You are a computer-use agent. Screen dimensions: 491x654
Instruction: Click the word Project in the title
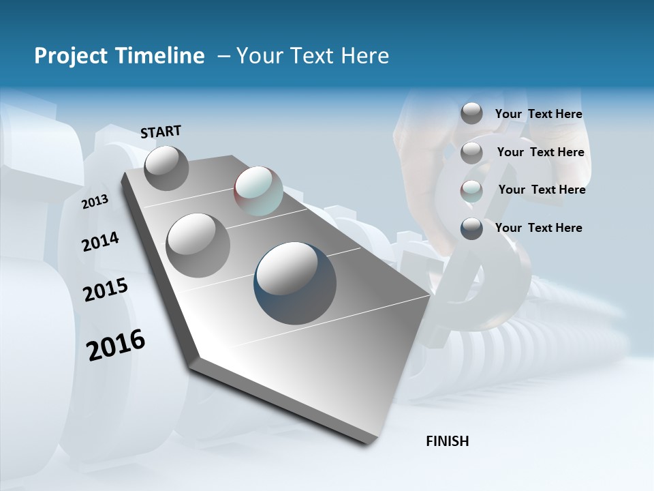coord(69,56)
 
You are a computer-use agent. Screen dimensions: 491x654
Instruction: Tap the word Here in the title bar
coord(366,56)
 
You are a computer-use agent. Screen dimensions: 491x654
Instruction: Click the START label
coord(161,132)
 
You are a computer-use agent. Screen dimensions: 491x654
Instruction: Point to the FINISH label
coord(448,441)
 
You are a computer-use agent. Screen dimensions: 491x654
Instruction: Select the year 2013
coord(95,202)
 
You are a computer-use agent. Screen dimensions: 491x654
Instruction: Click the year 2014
coord(100,242)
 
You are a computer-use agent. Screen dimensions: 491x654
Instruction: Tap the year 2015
coord(106,290)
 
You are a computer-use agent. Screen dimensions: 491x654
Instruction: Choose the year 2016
coord(116,345)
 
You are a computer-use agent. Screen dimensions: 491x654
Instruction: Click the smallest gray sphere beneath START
coord(166,168)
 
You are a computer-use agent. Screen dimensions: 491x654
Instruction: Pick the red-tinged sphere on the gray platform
coord(258,191)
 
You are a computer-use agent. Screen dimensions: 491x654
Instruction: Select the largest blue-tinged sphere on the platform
coord(295,282)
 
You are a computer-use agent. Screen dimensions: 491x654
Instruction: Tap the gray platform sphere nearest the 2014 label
coord(198,245)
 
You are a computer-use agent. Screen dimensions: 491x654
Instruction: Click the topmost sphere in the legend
coord(471,113)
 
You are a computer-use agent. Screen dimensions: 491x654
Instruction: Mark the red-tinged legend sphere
coord(471,191)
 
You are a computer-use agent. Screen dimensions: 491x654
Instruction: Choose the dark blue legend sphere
coord(471,228)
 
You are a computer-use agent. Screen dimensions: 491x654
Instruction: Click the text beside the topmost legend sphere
coord(538,114)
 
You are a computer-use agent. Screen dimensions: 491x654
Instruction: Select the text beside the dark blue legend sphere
coord(538,228)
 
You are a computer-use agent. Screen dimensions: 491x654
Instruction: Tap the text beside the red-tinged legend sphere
coord(542,190)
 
